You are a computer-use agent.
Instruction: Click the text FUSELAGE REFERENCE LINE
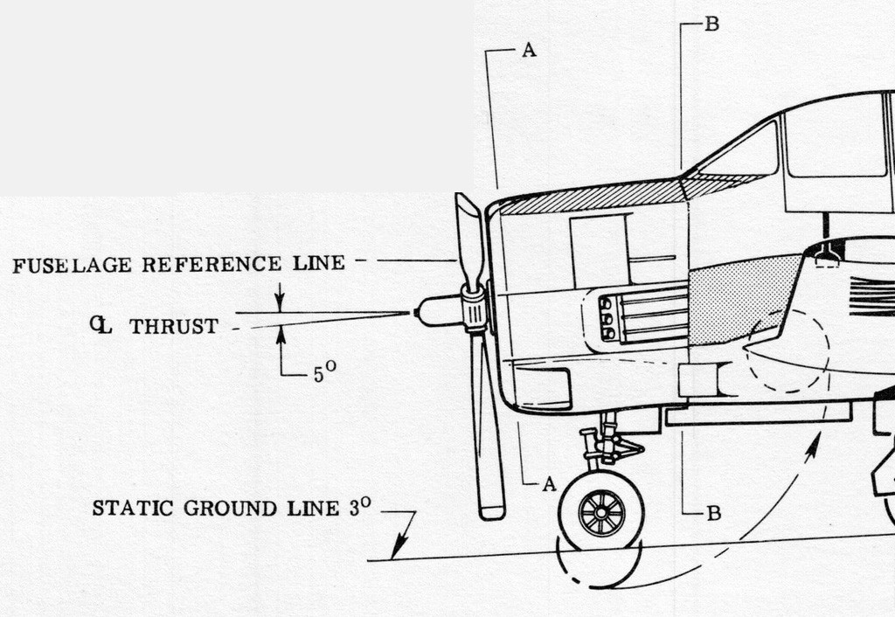pyautogui.click(x=178, y=264)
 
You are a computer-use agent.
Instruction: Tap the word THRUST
pyautogui.click(x=174, y=327)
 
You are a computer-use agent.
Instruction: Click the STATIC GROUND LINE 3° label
pyautogui.click(x=232, y=508)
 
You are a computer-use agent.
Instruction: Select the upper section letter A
pyautogui.click(x=529, y=51)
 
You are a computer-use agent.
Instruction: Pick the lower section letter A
pyautogui.click(x=549, y=484)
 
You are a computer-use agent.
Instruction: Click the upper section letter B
pyautogui.click(x=711, y=24)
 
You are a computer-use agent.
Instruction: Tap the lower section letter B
pyautogui.click(x=714, y=514)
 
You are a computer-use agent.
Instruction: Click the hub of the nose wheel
pyautogui.click(x=601, y=513)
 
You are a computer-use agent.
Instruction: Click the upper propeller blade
pyautogui.click(x=469, y=243)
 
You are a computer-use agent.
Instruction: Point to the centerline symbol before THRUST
pyautogui.click(x=101, y=325)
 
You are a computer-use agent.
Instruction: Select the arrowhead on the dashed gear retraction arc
pyautogui.click(x=813, y=447)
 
